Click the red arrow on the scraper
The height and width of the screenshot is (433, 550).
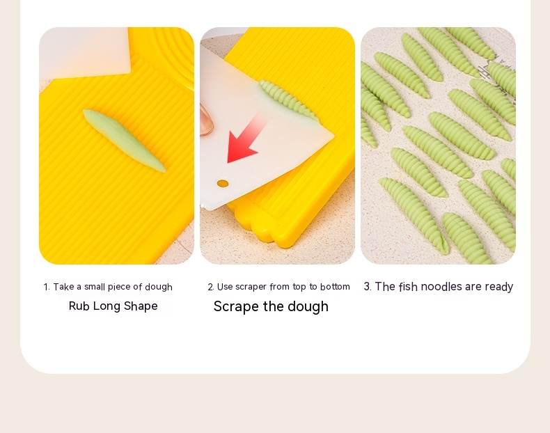pos(246,140)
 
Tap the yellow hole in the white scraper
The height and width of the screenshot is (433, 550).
pos(223,183)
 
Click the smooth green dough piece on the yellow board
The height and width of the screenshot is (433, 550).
pos(124,140)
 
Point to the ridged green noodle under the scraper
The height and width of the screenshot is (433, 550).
pos(288,100)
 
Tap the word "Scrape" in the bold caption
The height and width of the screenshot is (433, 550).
pos(237,307)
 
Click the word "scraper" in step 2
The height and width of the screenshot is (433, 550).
pos(251,287)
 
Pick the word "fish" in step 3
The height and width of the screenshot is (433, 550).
pos(408,286)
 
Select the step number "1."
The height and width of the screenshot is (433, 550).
pos(47,287)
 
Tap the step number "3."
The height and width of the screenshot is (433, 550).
pos(368,286)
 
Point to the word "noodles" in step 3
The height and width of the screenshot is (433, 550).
pos(441,286)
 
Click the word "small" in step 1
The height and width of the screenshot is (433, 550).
pos(95,287)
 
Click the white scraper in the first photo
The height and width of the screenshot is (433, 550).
pos(85,53)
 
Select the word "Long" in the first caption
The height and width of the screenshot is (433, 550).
pos(107,306)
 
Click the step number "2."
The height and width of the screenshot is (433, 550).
pos(210,287)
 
